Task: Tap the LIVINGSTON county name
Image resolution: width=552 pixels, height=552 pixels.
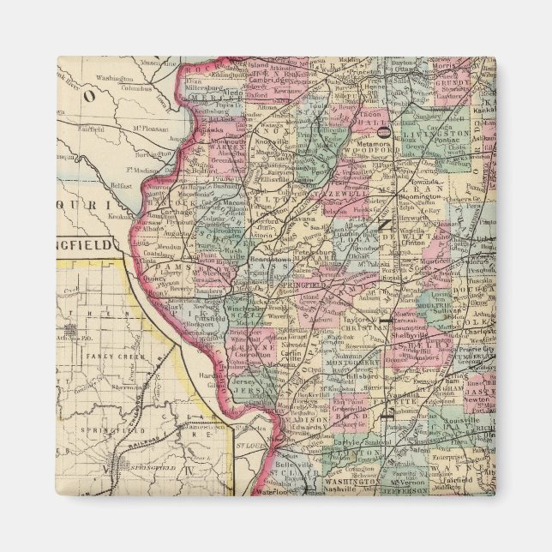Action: tap(444, 135)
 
